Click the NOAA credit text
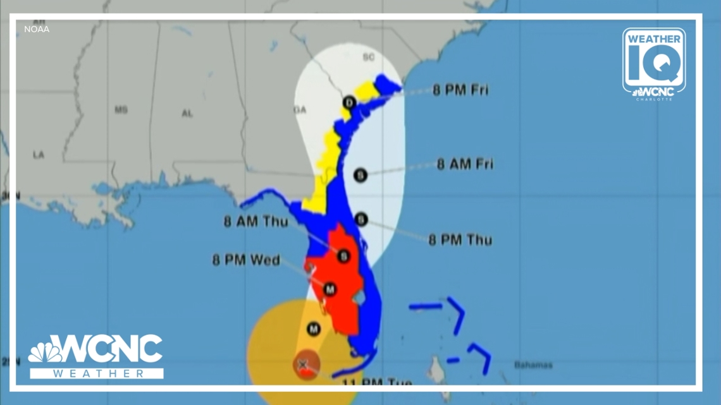37,29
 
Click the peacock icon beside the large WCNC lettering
45,351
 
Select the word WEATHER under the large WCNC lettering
96,373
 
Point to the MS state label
121,110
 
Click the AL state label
187,113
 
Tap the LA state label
39,155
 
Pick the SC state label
368,57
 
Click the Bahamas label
533,365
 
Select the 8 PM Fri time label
460,90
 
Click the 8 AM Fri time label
465,164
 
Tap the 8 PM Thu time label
460,240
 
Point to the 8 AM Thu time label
255,222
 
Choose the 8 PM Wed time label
246,260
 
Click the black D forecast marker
349,102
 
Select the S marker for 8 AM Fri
360,176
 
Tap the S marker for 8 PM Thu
360,219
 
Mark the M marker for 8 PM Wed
329,289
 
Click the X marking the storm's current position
303,364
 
